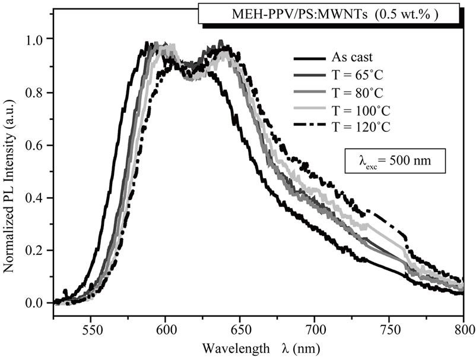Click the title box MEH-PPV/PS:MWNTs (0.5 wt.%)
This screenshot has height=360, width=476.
(x=328, y=14)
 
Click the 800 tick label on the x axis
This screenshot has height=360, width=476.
(x=463, y=326)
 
